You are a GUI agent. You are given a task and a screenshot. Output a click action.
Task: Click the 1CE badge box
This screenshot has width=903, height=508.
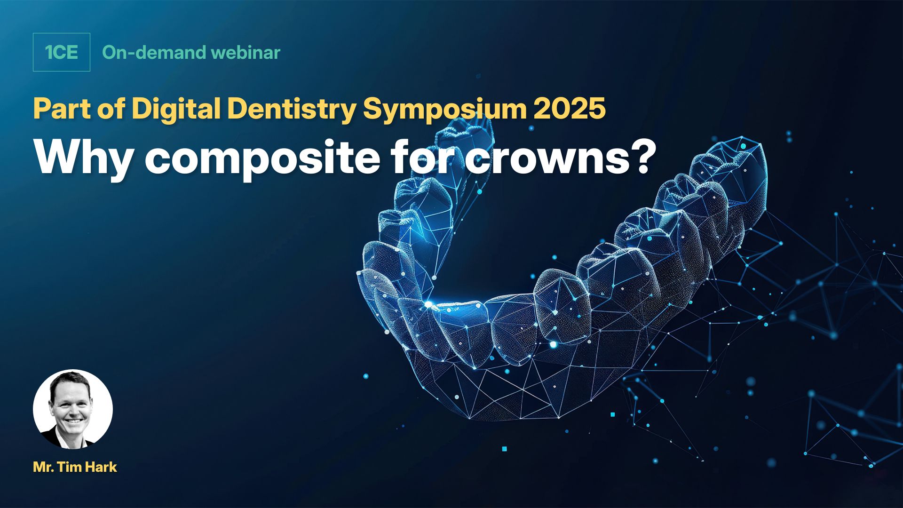[x=62, y=52]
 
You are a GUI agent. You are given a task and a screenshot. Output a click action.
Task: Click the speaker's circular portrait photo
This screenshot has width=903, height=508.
[x=73, y=409]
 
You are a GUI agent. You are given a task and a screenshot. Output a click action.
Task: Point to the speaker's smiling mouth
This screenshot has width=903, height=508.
[x=75, y=420]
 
